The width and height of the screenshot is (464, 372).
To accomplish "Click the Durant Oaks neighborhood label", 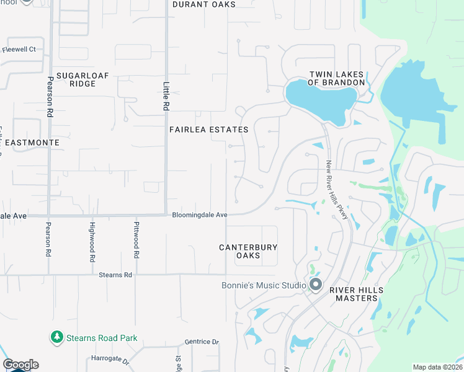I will [x=203, y=4].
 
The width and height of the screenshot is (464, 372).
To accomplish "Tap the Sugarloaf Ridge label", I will [x=83, y=79].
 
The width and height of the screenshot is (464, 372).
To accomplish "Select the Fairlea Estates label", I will [x=208, y=130].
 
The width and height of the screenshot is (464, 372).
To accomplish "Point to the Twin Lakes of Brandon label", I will [x=337, y=78].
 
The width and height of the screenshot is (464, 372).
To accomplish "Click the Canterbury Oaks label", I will [x=248, y=251].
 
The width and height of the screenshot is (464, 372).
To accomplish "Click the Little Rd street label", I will [x=166, y=97].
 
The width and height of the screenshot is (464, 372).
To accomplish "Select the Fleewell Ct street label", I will [x=19, y=49].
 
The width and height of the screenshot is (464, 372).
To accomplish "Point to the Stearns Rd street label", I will [x=115, y=274].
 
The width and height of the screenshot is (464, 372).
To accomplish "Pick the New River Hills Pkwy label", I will [x=336, y=193].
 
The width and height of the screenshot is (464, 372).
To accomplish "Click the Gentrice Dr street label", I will [x=202, y=342].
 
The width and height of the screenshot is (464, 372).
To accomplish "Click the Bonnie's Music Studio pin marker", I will [x=316, y=285].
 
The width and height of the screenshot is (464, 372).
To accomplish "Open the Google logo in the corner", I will [x=20, y=365].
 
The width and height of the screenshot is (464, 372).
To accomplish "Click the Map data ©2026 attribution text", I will [x=437, y=367].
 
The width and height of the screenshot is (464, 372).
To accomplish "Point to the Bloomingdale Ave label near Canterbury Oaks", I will [x=200, y=215].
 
